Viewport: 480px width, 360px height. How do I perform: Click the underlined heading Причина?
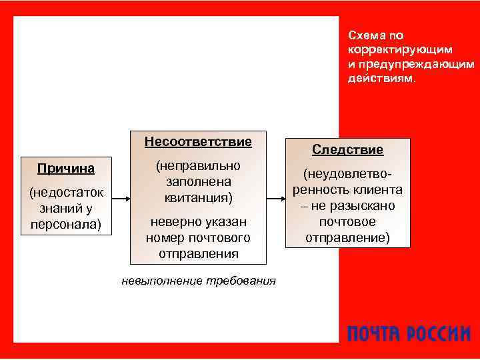coord(65,168)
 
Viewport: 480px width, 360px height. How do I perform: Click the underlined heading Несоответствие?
coord(198,141)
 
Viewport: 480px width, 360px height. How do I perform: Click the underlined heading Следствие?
coord(347,150)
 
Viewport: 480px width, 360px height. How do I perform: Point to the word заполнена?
coord(198,181)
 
